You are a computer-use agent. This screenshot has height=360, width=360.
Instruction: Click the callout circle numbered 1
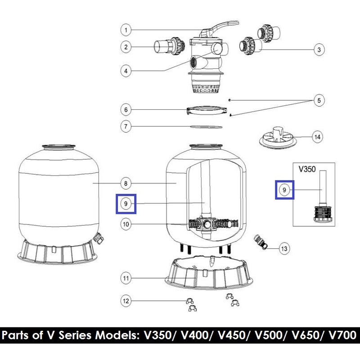pyautogui.click(x=126, y=30)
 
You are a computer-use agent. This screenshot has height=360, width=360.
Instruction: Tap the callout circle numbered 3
pyautogui.click(x=319, y=49)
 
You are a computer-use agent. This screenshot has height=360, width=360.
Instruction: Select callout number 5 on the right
pyautogui.click(x=319, y=100)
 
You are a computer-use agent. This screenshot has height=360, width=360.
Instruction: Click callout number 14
pyautogui.click(x=317, y=137)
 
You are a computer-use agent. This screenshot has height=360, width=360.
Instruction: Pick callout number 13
pyautogui.click(x=284, y=249)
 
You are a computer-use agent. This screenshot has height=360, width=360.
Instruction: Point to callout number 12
pyautogui.click(x=126, y=301)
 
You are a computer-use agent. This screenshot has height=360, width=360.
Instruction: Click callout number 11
pyautogui.click(x=126, y=278)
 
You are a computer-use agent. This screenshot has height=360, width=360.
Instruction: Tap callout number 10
pyautogui.click(x=126, y=224)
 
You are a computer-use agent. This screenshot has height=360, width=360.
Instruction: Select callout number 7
pyautogui.click(x=126, y=126)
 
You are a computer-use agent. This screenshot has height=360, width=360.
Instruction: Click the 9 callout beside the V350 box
pyautogui.click(x=284, y=190)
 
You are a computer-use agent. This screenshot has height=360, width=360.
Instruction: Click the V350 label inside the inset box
pyautogui.click(x=307, y=169)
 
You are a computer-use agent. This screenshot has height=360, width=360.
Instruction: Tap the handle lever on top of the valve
pyautogui.click(x=219, y=29)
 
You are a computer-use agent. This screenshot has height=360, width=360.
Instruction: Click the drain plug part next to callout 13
pyautogui.click(x=261, y=242)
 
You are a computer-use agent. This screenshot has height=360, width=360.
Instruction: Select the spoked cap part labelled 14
pyautogui.click(x=276, y=137)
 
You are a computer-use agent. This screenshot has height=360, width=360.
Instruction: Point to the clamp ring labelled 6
pyautogui.click(x=207, y=110)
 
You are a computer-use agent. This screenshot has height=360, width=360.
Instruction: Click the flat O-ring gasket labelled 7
pyautogui.click(x=207, y=126)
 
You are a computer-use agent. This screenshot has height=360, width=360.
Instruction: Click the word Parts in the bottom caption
pyautogui.click(x=15, y=335)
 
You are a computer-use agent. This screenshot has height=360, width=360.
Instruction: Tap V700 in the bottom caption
pyautogui.click(x=342, y=335)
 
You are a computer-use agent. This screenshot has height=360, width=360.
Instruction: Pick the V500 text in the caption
pyautogui.click(x=268, y=335)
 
